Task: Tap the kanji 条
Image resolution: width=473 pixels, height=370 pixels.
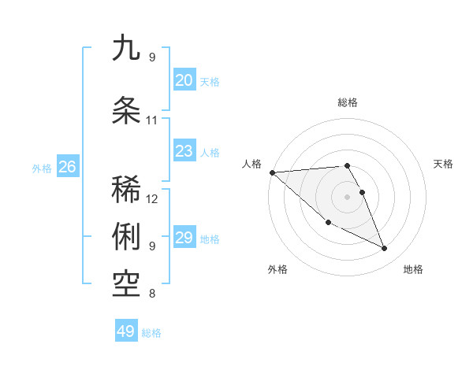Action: (x=127, y=109)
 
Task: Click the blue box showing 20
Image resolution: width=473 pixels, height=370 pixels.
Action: (x=184, y=80)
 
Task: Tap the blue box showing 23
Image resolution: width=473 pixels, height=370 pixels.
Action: (x=184, y=151)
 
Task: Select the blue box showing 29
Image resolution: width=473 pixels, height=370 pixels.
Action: (x=184, y=238)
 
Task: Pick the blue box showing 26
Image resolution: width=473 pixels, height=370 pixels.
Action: (x=67, y=166)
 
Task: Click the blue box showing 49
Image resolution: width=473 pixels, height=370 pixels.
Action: (x=126, y=331)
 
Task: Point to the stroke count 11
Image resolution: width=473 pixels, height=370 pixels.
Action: (x=152, y=120)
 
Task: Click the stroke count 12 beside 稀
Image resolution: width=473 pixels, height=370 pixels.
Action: (x=152, y=198)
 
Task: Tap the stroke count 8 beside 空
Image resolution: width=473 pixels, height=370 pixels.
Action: (x=152, y=294)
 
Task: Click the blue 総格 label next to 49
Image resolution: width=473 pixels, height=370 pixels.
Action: (x=151, y=333)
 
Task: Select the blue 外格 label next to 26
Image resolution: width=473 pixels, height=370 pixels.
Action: (x=42, y=168)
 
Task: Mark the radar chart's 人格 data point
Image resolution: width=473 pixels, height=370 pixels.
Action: (x=272, y=172)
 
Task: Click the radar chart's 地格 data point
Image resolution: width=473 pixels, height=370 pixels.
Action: (x=385, y=249)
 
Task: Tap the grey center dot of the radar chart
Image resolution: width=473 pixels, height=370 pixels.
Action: (x=347, y=196)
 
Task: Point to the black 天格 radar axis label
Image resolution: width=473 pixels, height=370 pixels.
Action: (x=444, y=164)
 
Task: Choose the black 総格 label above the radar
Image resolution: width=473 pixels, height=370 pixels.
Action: (x=348, y=102)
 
